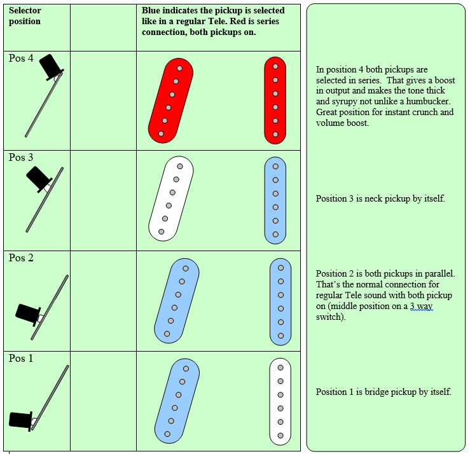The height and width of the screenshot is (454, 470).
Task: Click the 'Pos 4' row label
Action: [x=21, y=58]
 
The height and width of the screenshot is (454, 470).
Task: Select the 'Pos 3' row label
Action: [x=21, y=158]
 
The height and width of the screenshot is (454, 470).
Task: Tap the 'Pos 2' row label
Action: [x=21, y=258]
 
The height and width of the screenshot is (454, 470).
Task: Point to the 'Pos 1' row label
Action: [x=21, y=359]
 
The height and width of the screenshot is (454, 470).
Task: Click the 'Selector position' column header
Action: [x=25, y=16]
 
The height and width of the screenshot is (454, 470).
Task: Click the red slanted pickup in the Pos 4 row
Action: [x=171, y=100]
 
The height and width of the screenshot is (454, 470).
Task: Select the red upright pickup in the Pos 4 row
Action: [x=275, y=100]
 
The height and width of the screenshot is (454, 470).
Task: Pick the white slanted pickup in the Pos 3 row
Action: [x=171, y=199]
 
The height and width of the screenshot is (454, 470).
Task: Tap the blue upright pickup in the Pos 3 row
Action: [x=275, y=200]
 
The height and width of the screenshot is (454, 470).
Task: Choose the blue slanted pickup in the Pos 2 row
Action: [x=177, y=301]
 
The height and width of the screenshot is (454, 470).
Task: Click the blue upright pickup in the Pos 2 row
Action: [x=280, y=301]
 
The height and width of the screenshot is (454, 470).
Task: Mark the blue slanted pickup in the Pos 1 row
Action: [x=177, y=401]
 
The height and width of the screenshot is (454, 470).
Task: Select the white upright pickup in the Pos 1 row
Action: [x=280, y=402]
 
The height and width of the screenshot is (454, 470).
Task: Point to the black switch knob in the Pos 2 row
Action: [x=29, y=313]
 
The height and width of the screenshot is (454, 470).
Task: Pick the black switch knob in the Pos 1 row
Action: [x=22, y=420]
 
